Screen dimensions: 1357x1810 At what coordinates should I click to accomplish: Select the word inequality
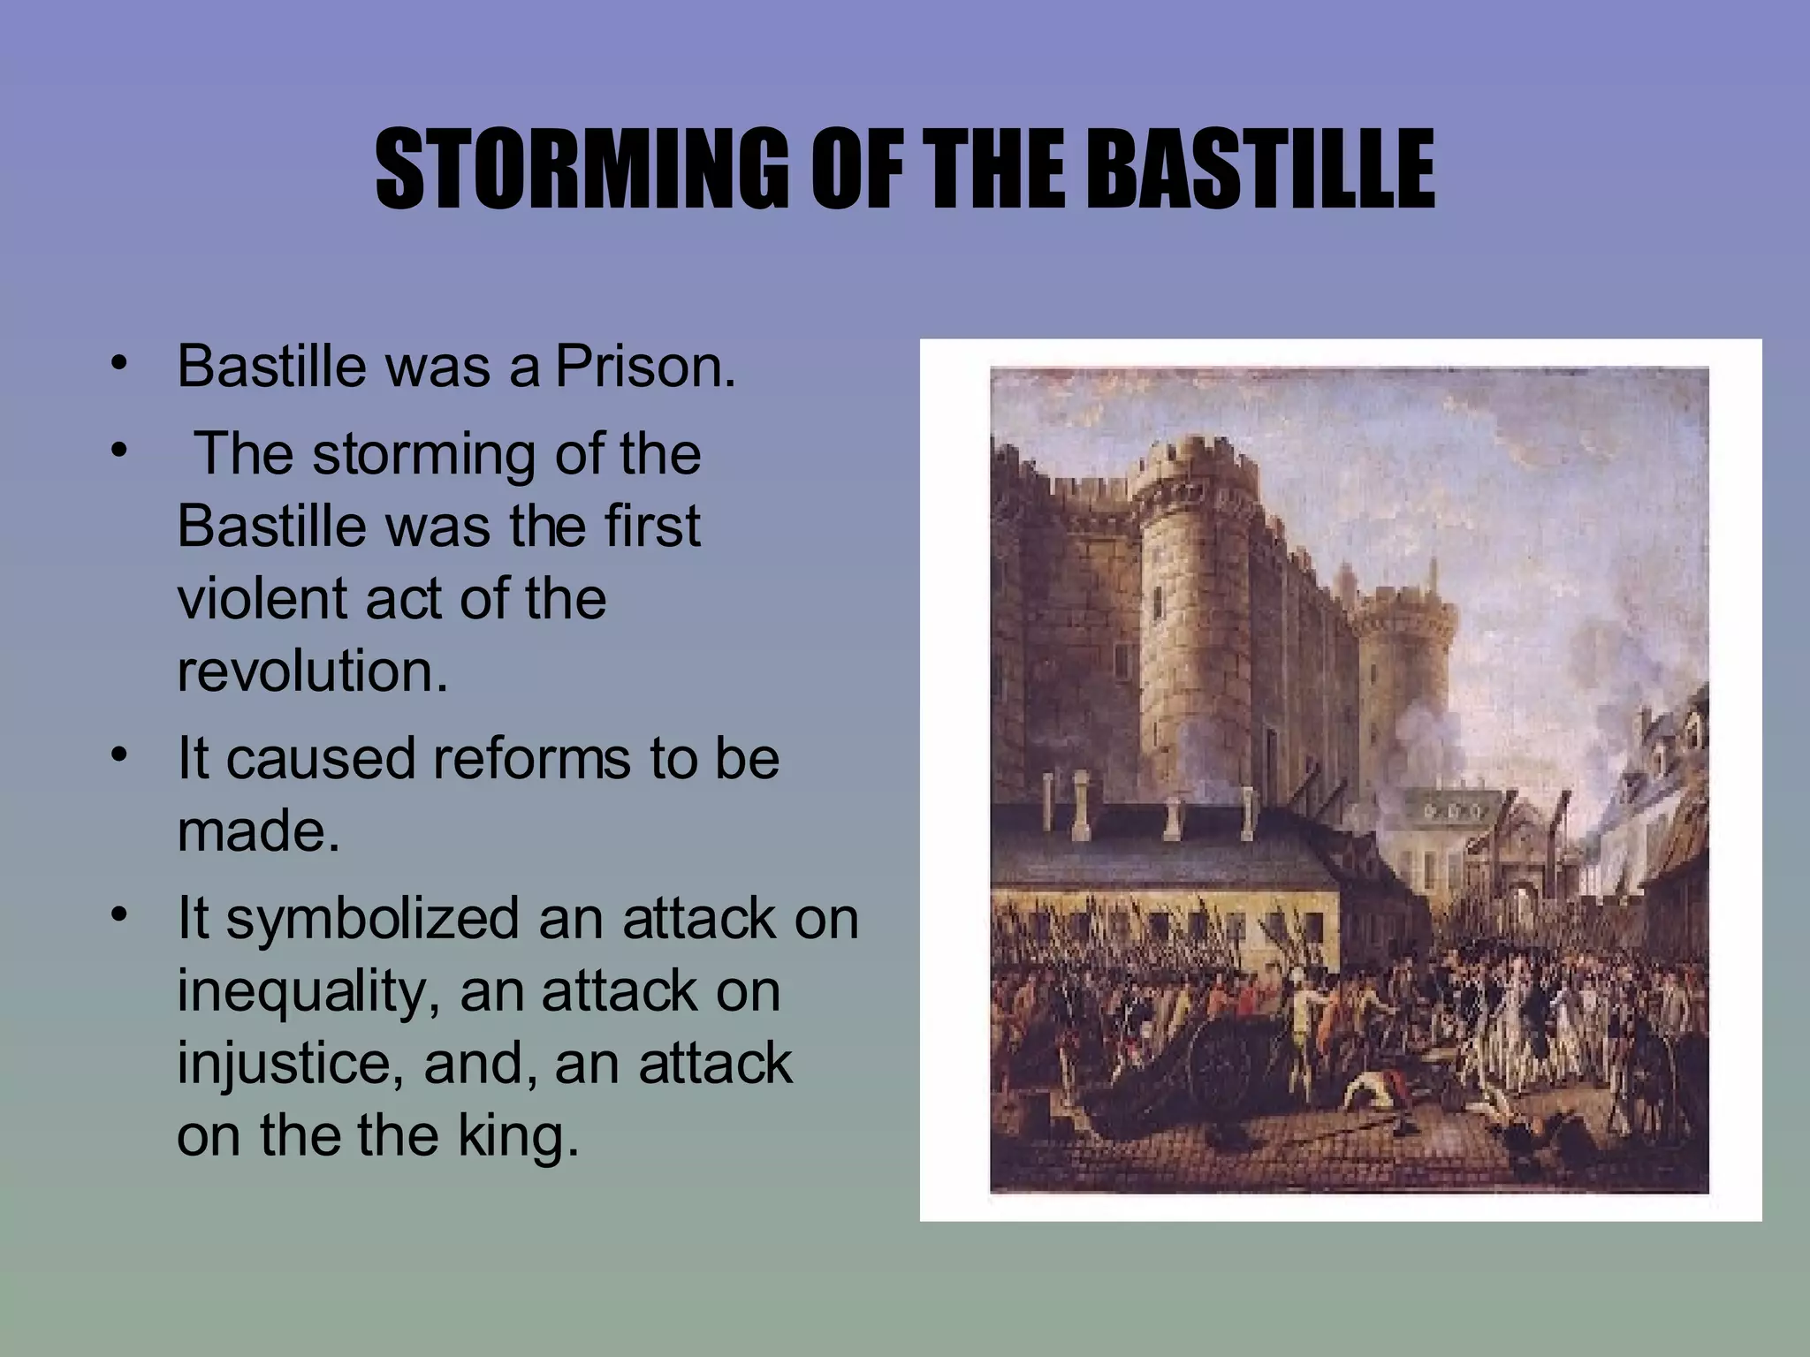click(x=308, y=991)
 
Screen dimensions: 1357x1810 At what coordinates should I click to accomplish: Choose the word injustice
click(x=291, y=1063)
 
